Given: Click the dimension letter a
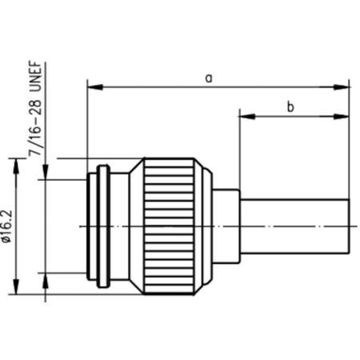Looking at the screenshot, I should tap(209, 78).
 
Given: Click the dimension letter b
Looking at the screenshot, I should tap(290, 106).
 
